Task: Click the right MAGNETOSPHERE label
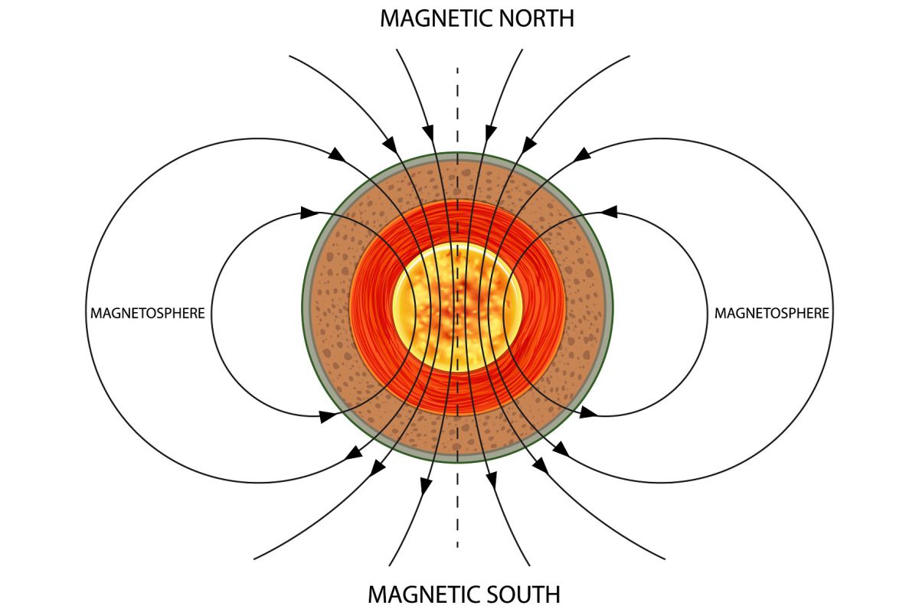771,313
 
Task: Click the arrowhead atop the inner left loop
309,212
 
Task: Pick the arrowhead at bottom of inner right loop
587,414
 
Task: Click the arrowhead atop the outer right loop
582,155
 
